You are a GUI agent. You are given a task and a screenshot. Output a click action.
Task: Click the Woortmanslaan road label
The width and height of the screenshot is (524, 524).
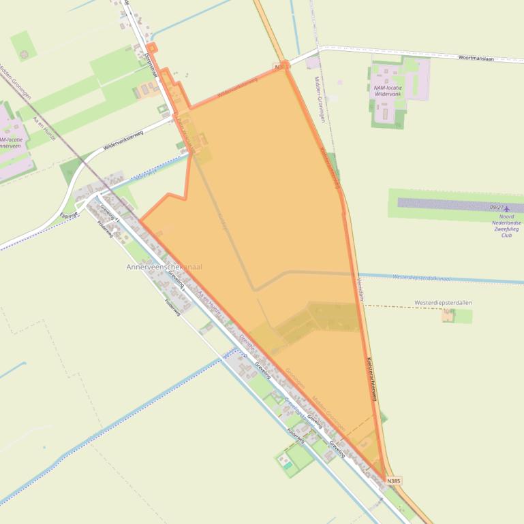tap(476, 58)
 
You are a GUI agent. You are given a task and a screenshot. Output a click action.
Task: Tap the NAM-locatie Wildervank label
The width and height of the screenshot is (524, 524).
tap(388, 91)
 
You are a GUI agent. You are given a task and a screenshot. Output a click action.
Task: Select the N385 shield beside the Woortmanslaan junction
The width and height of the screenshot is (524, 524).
tap(280, 67)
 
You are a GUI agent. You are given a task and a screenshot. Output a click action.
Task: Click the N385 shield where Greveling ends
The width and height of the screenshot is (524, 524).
tap(393, 480)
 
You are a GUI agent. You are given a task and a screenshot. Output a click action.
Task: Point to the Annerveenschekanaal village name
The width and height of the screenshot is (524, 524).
tap(164, 267)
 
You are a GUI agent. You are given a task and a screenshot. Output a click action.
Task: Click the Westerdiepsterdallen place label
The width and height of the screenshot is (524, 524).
tap(443, 302)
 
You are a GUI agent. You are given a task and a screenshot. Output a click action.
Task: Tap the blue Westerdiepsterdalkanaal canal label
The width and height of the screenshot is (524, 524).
tap(422, 278)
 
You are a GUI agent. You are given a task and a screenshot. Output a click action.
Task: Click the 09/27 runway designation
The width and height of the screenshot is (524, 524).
tap(497, 208)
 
